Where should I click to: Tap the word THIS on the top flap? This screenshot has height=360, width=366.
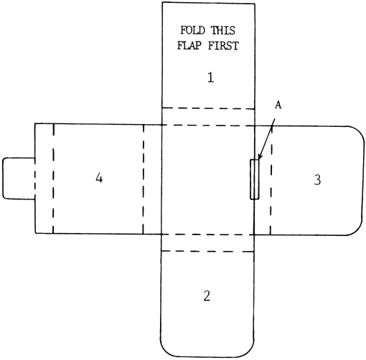click(223, 30)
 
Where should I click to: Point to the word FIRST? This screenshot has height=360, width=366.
click(223, 45)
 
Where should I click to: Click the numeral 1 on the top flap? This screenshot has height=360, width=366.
click(210, 77)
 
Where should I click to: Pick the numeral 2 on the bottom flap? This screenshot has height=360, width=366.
click(207, 295)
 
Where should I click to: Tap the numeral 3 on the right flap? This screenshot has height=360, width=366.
click(317, 180)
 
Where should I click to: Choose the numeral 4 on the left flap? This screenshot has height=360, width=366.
click(99, 178)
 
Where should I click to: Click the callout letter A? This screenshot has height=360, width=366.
click(278, 105)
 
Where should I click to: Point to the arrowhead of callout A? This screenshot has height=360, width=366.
click(259, 157)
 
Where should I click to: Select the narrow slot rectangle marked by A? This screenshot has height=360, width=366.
click(255, 179)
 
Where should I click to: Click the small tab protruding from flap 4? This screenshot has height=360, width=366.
click(19, 178)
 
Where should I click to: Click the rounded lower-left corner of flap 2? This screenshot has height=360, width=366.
click(166, 351)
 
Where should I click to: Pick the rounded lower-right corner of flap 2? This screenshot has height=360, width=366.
click(249, 351)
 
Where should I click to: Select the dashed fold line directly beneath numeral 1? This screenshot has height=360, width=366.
click(208, 108)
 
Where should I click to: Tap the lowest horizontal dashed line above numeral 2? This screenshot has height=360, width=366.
click(207, 251)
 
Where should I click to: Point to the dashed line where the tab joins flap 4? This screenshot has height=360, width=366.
click(35, 178)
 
